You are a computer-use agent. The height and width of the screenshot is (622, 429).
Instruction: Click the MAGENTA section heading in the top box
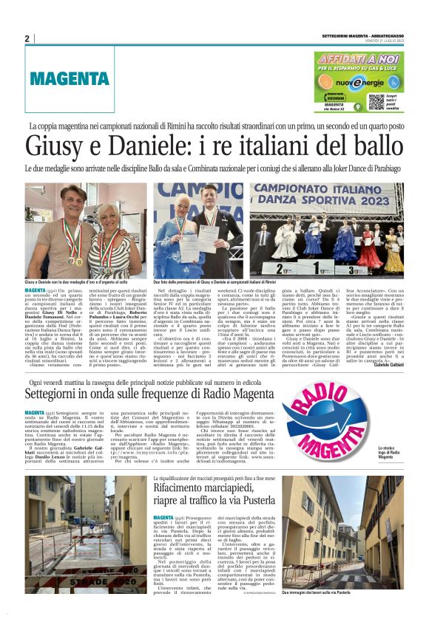coord(58,79)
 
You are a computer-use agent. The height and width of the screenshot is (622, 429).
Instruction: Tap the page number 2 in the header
coord(27,38)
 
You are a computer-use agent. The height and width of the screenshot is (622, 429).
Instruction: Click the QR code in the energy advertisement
coord(376,100)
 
